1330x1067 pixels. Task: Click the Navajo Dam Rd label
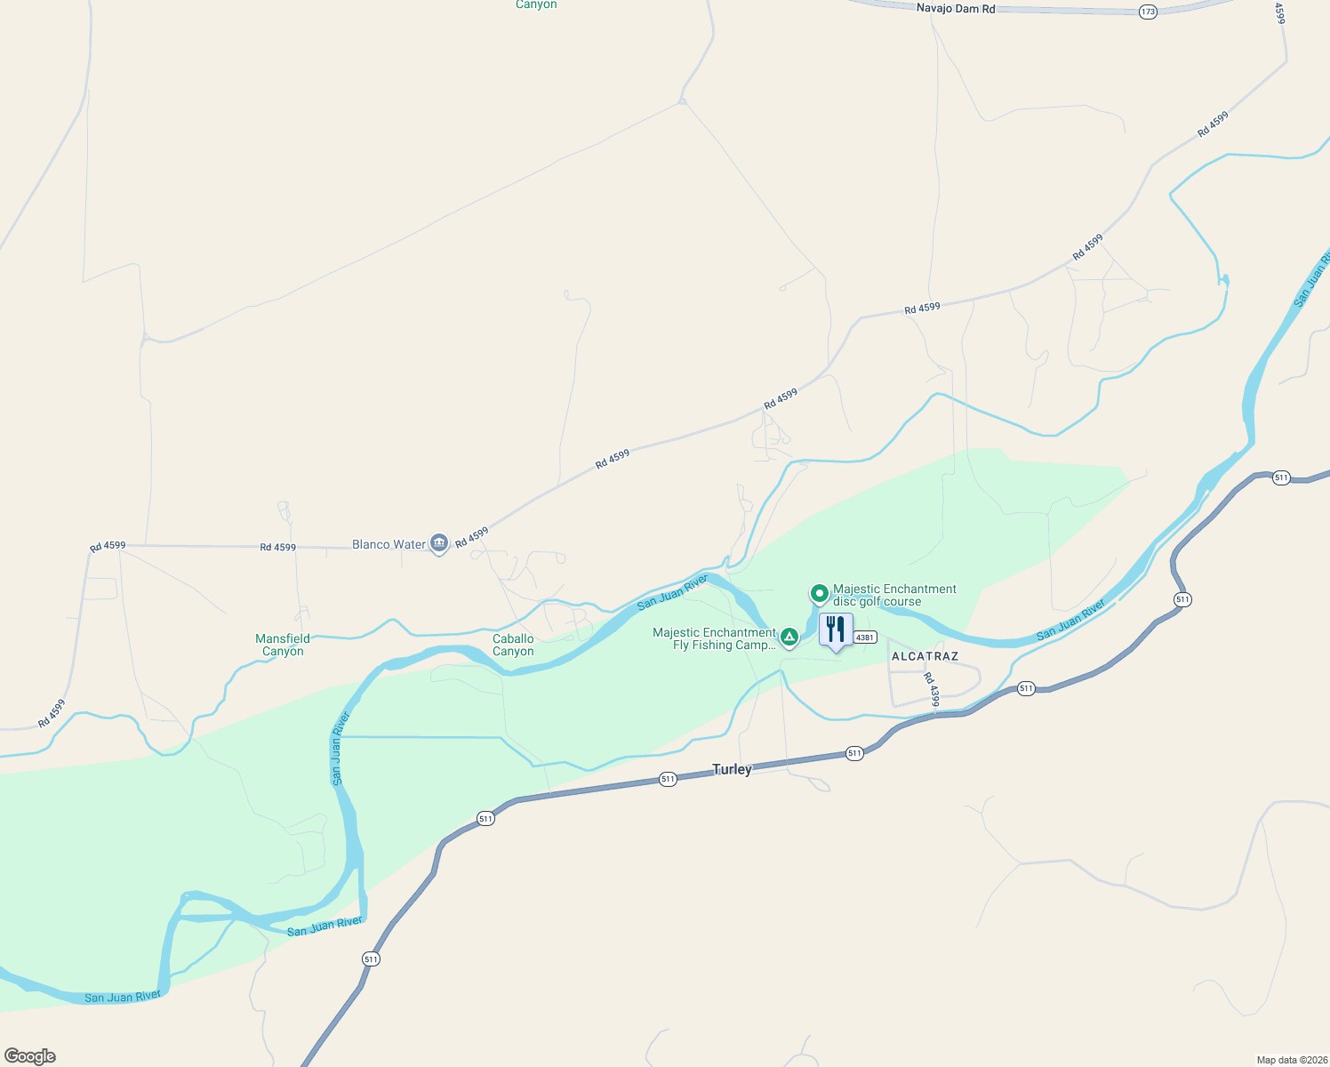tap(956, 9)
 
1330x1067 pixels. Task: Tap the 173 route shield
tap(1148, 12)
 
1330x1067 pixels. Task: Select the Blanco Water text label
tap(389, 544)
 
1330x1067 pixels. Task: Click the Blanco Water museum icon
tap(438, 542)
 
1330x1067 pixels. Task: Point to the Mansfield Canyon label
tap(283, 645)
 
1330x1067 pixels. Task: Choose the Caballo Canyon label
tap(513, 645)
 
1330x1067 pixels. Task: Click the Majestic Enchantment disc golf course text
tap(894, 595)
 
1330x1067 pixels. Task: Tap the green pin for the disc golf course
tap(819, 593)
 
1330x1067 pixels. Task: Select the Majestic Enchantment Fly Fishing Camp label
tap(715, 638)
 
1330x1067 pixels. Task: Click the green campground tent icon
tap(789, 637)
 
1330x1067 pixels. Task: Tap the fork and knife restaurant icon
tap(836, 630)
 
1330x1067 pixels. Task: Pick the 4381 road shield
tap(865, 638)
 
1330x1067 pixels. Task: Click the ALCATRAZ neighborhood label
tap(925, 656)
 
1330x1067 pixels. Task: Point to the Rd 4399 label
tap(931, 690)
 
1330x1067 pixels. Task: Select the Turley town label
tap(732, 769)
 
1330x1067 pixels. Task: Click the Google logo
tap(30, 1056)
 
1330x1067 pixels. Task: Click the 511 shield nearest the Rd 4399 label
tap(1026, 688)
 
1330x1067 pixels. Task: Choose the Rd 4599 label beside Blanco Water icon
tap(472, 537)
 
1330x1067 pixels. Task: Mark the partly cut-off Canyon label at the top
tap(536, 4)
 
